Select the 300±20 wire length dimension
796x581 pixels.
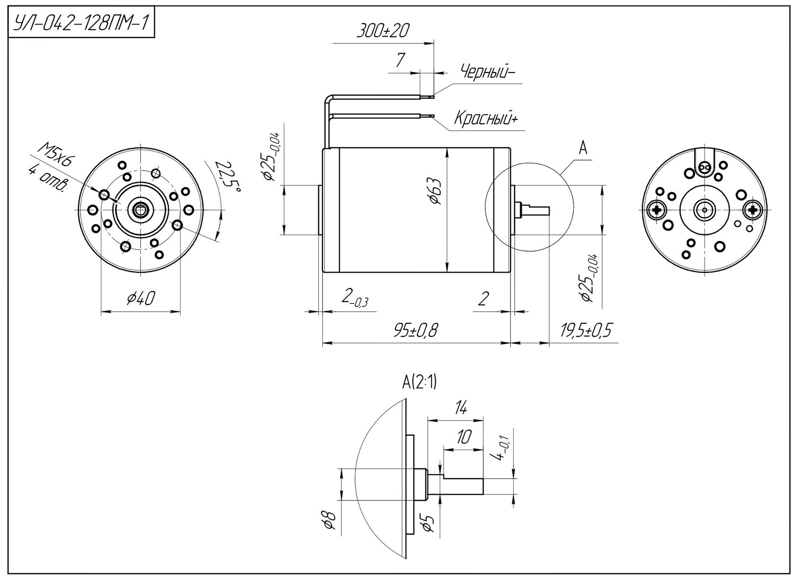tap(383, 31)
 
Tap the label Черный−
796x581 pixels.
tap(488, 72)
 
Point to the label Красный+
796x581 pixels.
tap(486, 118)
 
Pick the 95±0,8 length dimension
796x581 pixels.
tap(416, 331)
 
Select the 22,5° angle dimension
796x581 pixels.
tap(228, 177)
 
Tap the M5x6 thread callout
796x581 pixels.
tap(56, 154)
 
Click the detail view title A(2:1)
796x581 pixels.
tap(419, 383)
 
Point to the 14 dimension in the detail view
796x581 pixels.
tap(461, 408)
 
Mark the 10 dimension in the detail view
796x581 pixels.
tap(464, 437)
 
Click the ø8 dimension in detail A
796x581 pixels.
tap(330, 520)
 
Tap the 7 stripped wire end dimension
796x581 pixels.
tap(400, 60)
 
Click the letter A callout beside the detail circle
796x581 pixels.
tap(583, 149)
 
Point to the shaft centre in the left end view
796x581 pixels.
tap(141, 210)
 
